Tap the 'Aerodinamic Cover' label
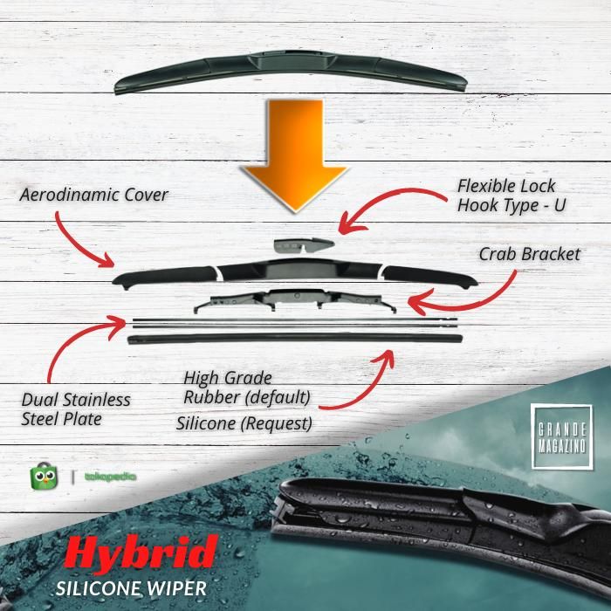(94, 195)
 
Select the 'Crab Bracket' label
(530, 255)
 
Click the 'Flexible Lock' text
(506, 186)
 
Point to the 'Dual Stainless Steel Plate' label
(76, 409)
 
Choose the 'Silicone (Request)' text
(244, 423)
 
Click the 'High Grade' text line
(228, 378)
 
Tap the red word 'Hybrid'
(141, 553)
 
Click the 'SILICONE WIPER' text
(131, 588)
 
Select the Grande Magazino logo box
(561, 436)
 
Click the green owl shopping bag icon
(44, 477)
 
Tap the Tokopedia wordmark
(110, 477)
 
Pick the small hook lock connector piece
(304, 245)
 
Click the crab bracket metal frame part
(295, 300)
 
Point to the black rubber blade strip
(295, 339)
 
